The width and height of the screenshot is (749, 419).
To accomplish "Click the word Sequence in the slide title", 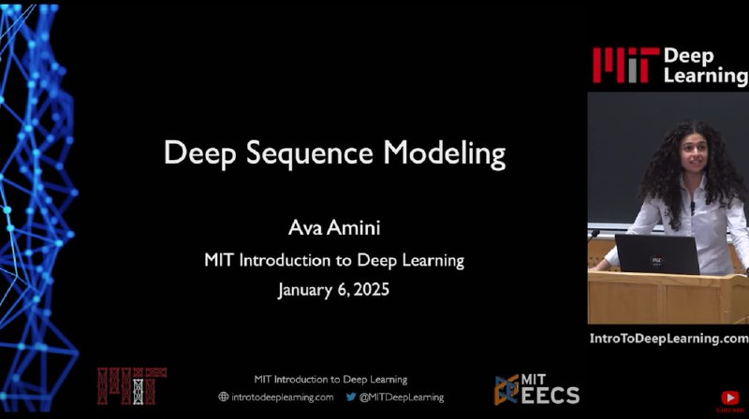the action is point(309,154).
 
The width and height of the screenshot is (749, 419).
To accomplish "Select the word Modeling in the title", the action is point(444,154).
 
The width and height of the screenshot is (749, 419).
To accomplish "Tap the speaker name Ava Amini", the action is point(334,227).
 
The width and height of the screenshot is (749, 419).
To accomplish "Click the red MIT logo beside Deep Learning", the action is point(625,65).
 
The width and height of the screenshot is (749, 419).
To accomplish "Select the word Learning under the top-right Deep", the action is point(706,76).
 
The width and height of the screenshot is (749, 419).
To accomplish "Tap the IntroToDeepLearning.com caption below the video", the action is point(668,339).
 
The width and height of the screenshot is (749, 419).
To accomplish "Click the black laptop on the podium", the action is point(657,254).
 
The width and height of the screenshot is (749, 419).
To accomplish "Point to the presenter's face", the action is point(694,154).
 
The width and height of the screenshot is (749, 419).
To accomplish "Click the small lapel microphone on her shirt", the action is point(692,207).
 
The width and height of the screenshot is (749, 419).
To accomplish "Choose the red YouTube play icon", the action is point(730,397).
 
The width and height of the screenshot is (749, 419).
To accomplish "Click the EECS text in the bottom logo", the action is point(551,396).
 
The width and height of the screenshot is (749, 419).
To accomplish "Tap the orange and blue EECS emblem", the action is point(507,390).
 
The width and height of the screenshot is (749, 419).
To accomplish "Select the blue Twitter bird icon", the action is point(351,397).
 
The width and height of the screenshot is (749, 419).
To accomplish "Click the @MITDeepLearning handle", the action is point(402,397).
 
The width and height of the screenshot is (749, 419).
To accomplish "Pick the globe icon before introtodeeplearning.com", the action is point(223,397).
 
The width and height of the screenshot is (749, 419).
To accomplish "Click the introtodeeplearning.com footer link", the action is point(283,397).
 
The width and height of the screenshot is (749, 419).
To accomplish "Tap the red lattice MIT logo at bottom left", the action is point(132,385).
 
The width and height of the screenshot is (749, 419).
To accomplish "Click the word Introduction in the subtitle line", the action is point(285,261).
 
